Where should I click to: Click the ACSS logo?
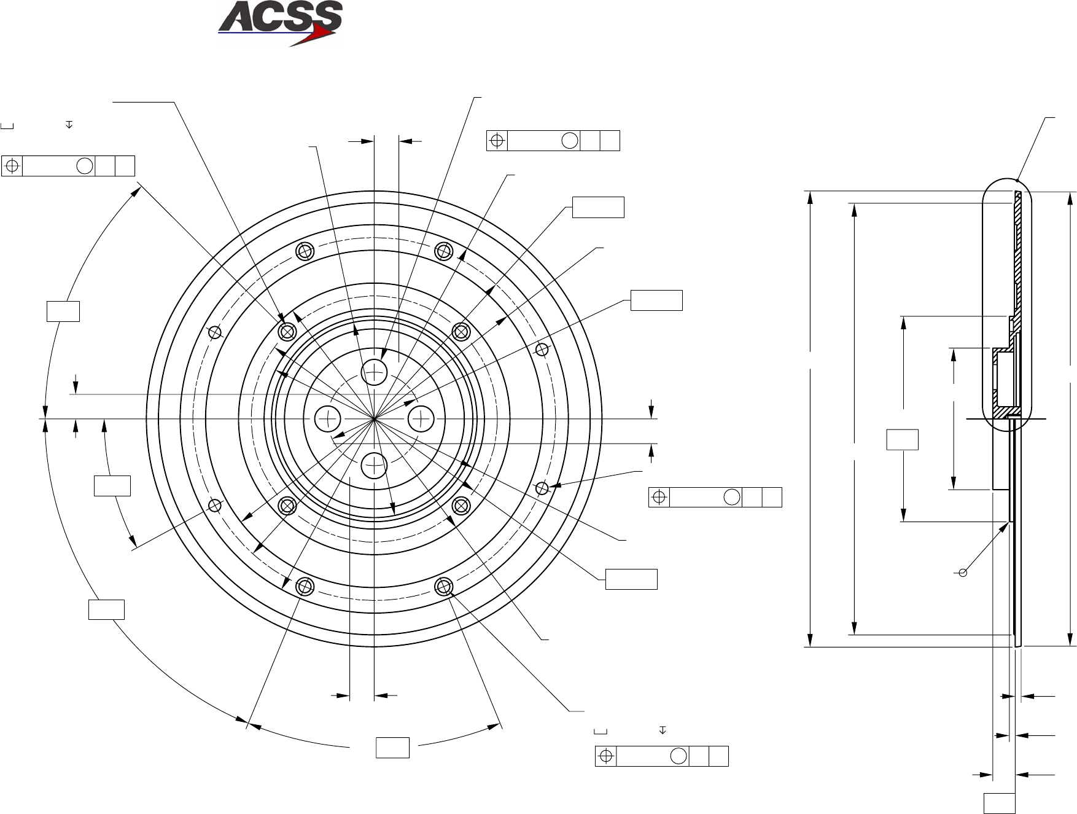coord(280,23)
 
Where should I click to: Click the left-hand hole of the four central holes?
coord(327,418)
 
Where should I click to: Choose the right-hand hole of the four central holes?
coord(421,418)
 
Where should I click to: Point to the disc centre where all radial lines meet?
coord(374,418)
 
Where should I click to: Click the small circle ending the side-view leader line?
coord(963,573)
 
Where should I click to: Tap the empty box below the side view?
coord(999,803)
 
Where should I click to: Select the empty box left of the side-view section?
coord(902,440)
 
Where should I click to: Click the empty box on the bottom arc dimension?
coord(392,747)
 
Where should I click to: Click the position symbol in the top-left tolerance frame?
coord(12,166)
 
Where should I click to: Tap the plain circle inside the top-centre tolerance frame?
coord(569,141)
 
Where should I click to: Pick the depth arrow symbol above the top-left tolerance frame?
coord(69,125)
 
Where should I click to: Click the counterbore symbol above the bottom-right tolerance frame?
coord(601,731)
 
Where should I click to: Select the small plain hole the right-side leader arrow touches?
coord(542,488)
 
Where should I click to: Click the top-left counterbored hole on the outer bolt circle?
coord(305,251)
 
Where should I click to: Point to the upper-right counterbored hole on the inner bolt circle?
coord(461,332)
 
